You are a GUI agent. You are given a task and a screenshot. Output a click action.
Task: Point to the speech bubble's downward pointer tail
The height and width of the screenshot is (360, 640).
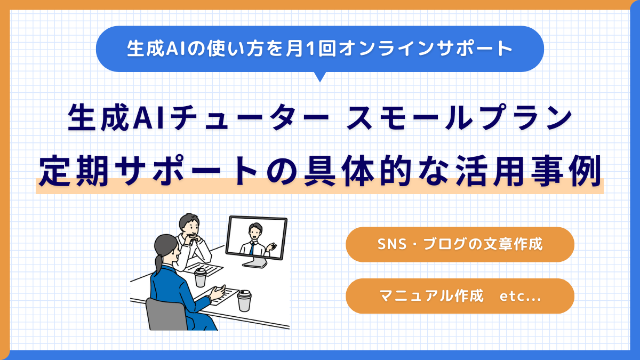tap(320, 77)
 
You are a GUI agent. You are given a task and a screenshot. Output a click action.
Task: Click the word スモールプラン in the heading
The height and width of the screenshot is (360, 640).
tap(459, 118)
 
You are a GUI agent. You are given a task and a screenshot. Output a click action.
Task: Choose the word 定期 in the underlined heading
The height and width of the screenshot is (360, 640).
tap(74, 171)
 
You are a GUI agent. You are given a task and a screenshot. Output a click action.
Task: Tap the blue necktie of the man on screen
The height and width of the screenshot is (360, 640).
tap(252, 249)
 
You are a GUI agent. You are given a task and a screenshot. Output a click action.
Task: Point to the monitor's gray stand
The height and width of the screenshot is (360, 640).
tap(255, 262)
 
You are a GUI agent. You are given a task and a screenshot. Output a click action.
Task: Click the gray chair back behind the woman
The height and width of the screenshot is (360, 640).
tap(166, 314)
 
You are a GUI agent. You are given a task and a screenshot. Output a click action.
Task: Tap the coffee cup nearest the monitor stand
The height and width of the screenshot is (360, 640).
tap(244, 301)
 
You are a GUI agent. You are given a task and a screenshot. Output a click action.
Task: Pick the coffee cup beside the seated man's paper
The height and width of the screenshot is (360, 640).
tap(200, 277)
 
